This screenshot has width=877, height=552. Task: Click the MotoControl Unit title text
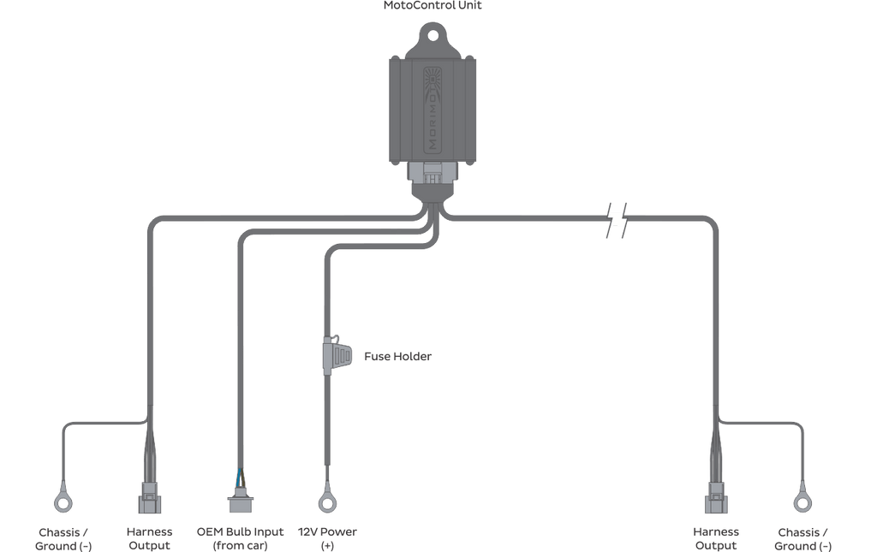pos(433,6)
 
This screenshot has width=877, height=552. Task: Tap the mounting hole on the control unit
pos(433,36)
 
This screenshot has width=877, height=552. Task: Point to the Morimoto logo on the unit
pos(433,110)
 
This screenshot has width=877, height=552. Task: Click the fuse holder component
pos(337,355)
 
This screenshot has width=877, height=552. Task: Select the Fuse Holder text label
pos(397,357)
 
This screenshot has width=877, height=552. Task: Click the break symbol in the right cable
pos(617,221)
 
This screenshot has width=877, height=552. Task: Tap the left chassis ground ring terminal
pos(63,503)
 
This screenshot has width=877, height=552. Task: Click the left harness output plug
pos(149,498)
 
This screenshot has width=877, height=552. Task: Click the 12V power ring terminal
pos(327,502)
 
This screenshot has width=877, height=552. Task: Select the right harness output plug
pos(716,498)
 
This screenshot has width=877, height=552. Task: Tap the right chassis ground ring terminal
pos(802,503)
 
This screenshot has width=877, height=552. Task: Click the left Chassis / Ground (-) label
pos(63,539)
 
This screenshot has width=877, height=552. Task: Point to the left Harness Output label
pos(149,538)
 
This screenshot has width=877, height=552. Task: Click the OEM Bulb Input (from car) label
pos(240,538)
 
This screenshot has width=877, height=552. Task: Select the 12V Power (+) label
pos(327,538)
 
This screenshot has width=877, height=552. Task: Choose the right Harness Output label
pos(716,538)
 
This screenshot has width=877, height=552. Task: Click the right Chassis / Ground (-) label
pos(802,539)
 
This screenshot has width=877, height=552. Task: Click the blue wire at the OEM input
pos(240,478)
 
